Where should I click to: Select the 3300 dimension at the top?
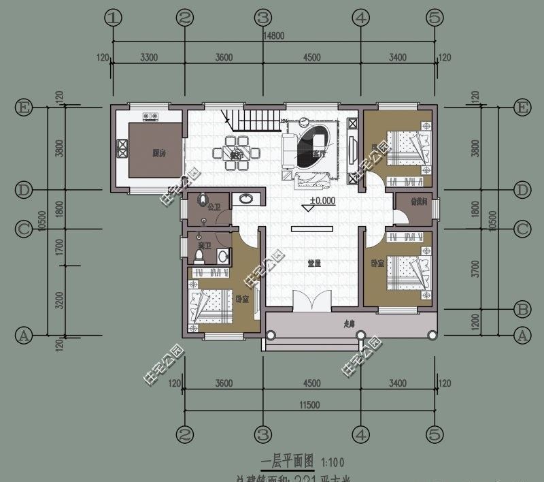click(148, 58)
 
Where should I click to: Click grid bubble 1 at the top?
click(114, 18)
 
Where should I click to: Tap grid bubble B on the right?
click(522, 308)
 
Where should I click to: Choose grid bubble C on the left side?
click(24, 229)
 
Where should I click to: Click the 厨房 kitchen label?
click(160, 153)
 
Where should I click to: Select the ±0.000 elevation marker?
click(322, 201)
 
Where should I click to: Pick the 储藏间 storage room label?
click(415, 202)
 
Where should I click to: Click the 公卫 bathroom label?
click(214, 206)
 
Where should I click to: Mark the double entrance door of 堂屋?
click(312, 302)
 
